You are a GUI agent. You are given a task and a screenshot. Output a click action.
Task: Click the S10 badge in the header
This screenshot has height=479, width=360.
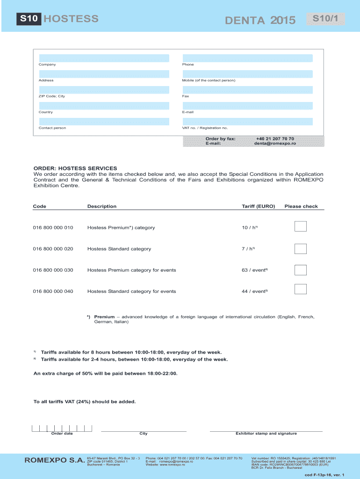[x=30, y=19]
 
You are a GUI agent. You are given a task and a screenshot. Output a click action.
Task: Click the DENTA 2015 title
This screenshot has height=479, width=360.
[x=260, y=20]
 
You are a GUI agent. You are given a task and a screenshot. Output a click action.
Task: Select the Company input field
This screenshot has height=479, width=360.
[x=104, y=58]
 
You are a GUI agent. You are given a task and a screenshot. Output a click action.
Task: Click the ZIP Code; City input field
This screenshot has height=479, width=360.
[x=104, y=90]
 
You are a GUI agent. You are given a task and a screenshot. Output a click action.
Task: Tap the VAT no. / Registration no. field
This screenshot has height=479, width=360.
[x=247, y=122]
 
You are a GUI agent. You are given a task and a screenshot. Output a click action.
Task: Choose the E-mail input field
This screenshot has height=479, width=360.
[x=247, y=106]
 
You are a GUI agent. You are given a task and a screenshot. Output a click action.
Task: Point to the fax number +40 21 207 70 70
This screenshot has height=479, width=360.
[x=275, y=139]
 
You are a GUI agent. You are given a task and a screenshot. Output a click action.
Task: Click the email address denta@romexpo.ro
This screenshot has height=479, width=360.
[x=275, y=144]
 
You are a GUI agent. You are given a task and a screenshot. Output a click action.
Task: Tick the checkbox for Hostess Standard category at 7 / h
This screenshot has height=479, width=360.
[x=301, y=249]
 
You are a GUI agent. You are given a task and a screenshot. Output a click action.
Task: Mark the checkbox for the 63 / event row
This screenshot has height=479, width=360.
[x=301, y=270]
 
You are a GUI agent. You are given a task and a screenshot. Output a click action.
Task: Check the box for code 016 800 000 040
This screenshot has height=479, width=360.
[x=301, y=289]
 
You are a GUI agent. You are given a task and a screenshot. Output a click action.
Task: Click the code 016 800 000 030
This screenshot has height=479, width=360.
[x=53, y=270]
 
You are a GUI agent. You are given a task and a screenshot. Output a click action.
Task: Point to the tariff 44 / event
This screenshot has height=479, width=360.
[x=254, y=291]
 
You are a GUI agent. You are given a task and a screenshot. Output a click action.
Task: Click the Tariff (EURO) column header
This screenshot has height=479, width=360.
[x=258, y=206]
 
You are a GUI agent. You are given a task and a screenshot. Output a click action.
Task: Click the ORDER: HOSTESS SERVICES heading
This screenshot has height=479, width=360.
[x=75, y=168]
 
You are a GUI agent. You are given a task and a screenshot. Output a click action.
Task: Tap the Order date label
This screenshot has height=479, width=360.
[x=62, y=434]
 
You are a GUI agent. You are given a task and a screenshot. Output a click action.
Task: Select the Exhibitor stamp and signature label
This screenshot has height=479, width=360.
[x=266, y=434]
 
